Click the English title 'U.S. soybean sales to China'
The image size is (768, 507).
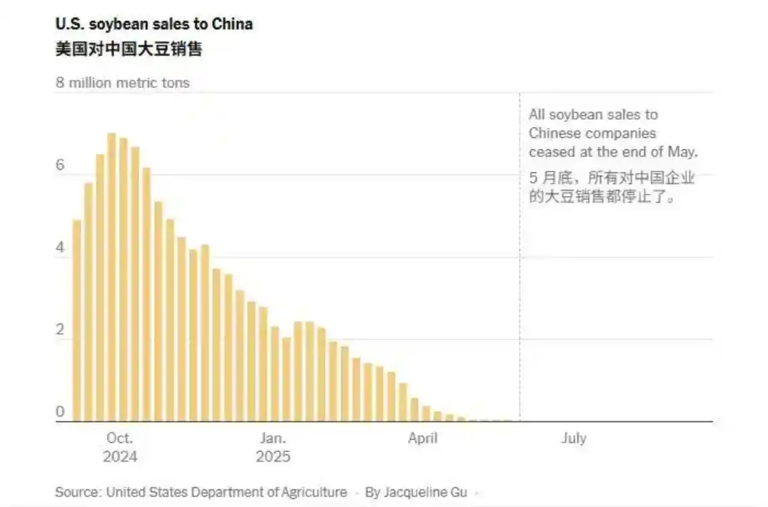tap(154, 24)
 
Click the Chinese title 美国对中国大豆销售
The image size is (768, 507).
tap(128, 49)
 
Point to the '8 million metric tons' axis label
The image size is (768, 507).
tap(122, 83)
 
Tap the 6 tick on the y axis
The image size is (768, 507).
tap(60, 166)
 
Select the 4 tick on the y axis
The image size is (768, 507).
tap(60, 248)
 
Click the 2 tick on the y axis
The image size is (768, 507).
tap(60, 331)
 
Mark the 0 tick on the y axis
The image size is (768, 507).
tap(60, 412)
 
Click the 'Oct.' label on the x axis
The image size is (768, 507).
tap(120, 438)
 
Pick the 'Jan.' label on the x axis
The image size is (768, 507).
tap(273, 438)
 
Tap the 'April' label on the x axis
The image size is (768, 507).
tap(423, 438)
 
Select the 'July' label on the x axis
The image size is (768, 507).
tap(573, 438)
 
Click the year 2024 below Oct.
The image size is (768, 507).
tap(120, 457)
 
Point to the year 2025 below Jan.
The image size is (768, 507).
tap(273, 457)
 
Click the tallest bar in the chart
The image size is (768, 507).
tap(111, 277)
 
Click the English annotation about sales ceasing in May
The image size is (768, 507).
tap(612, 134)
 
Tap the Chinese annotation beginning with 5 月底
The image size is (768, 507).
tap(611, 189)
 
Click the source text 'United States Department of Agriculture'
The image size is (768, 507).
tap(226, 492)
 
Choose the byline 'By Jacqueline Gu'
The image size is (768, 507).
tap(415, 492)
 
